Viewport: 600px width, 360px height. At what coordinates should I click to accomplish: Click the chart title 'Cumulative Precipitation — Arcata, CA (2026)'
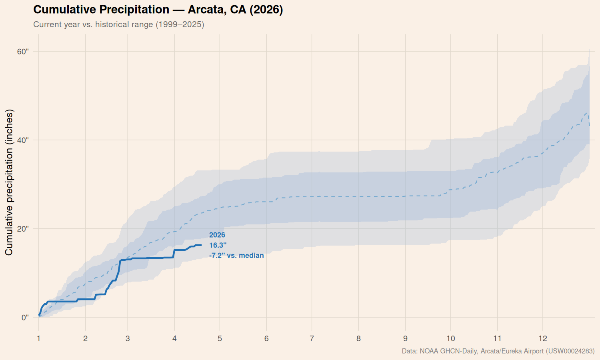pos(158,10)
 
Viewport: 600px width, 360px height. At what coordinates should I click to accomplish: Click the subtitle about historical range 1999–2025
pos(118,24)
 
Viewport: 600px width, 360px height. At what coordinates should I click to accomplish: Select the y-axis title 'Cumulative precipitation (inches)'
pos(9,182)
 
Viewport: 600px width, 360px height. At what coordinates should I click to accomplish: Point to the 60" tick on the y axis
pos(22,52)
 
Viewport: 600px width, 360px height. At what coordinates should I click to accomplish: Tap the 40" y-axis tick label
pos(22,140)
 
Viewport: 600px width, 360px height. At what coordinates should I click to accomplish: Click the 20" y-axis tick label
pos(22,229)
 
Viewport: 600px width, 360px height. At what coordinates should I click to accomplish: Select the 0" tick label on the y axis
pos(25,318)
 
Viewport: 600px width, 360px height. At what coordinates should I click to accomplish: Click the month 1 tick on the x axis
pos(39,339)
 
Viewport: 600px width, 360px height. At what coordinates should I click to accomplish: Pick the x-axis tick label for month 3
pos(128,339)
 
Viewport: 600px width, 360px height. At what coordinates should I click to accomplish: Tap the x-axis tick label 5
pos(220,339)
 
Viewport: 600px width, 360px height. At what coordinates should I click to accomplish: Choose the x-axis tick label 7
pos(312,339)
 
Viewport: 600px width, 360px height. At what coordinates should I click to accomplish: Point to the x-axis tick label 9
pos(405,339)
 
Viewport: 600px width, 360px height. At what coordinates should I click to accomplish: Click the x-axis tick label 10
pos(451,339)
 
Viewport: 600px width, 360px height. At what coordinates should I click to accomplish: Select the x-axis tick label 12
pos(542,339)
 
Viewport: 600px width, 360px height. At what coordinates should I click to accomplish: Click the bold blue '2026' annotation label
pos(217,235)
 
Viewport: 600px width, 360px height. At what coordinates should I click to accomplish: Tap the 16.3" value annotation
pos(218,245)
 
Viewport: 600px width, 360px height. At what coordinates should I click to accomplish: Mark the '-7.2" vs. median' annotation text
pos(236,256)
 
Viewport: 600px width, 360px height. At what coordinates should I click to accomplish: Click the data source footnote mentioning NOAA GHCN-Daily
pos(498,351)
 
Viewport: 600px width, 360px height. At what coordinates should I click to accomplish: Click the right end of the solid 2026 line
pos(201,245)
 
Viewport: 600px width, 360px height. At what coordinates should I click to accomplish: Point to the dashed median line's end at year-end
pos(589,126)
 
